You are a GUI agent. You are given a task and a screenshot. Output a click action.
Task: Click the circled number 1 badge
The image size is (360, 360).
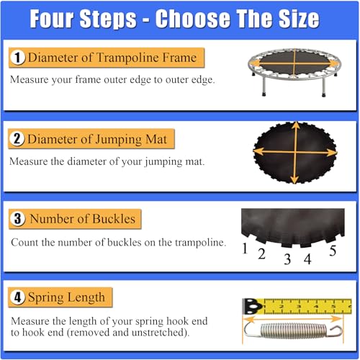pos(17,58)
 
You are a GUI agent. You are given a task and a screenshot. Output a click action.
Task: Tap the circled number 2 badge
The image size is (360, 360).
pos(17,139)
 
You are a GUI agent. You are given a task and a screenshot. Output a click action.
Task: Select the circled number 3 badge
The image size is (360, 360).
pos(17,219)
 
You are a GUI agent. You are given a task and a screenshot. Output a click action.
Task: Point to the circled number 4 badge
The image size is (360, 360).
pos(17,297)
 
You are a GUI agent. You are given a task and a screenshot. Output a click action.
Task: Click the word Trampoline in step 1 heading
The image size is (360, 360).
pos(127,58)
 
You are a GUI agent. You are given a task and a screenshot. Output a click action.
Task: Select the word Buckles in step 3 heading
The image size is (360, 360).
pos(114,219)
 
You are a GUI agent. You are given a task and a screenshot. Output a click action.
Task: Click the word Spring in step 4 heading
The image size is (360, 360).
pos(45,298)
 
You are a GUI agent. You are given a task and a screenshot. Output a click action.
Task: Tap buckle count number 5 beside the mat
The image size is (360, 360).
pos(333,251)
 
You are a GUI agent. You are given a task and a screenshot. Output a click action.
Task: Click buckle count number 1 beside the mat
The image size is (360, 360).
pos(245,248)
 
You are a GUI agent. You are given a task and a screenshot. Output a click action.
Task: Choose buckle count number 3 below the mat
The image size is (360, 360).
pos(287,259)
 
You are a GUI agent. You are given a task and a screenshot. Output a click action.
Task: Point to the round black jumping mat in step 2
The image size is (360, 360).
pos(295,153)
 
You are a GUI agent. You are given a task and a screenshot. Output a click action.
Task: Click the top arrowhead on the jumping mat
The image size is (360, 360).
pos(296,125)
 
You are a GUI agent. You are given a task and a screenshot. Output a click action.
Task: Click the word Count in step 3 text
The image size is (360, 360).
pos(24,243)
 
